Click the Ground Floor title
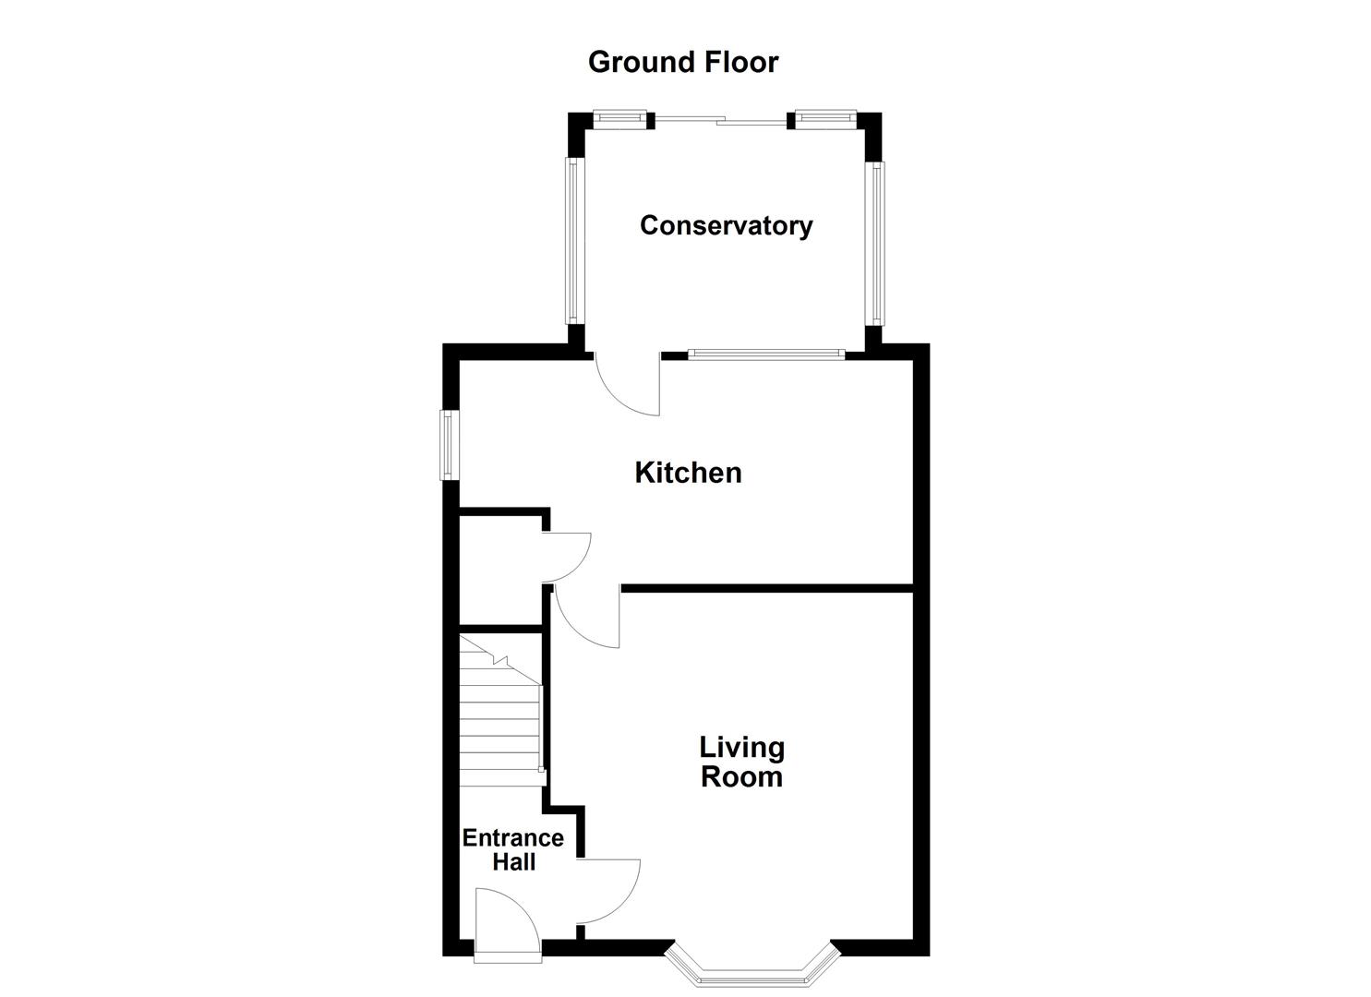pos(683,62)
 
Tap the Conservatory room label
pos(726,225)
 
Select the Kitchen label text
pos(688,473)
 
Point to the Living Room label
pos(741,762)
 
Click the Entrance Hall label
pos(512,849)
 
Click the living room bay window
pos(752,969)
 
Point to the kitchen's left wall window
pos(449,445)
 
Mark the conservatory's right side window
pos(874,243)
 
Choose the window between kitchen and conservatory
pos(765,354)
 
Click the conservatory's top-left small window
pos(619,116)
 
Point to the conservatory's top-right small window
pos(824,116)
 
